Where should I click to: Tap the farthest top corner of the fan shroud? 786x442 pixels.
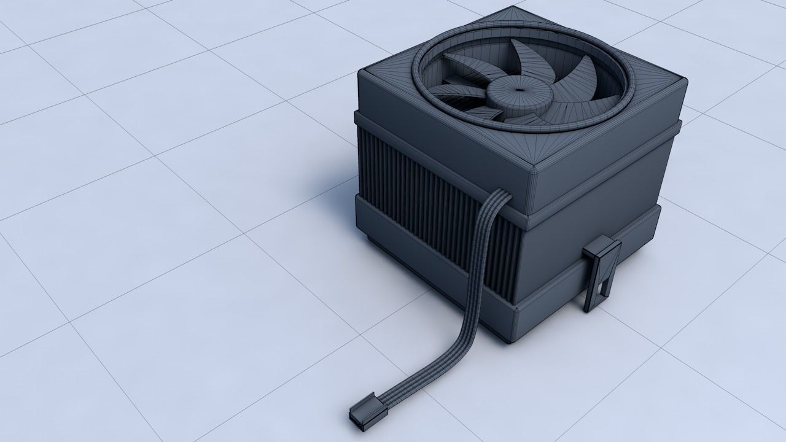(x=510, y=9)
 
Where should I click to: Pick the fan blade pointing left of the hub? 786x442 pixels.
(x=457, y=90)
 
